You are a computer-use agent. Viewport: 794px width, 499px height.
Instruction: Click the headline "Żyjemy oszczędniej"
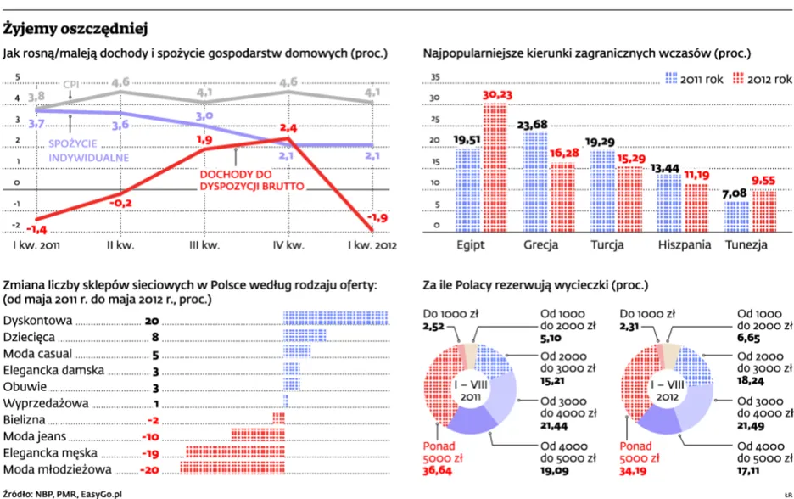[75, 29]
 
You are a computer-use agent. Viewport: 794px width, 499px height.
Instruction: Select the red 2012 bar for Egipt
[495, 168]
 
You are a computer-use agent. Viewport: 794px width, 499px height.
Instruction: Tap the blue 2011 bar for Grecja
[534, 182]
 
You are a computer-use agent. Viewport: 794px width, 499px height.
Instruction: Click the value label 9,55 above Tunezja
[763, 181]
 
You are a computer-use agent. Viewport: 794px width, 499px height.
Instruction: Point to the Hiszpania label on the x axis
[684, 245]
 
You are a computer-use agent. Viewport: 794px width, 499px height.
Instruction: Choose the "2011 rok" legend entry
[694, 79]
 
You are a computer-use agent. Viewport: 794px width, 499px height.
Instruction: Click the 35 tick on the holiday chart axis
[435, 77]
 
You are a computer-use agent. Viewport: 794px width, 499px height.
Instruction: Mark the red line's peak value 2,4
[288, 128]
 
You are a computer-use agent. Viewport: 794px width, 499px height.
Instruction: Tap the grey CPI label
[71, 85]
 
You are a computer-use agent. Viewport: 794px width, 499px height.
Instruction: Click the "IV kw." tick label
[288, 246]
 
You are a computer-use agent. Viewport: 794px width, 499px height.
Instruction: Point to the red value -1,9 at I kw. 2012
[377, 218]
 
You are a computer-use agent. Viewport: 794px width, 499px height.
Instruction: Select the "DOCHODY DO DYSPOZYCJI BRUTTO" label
[252, 181]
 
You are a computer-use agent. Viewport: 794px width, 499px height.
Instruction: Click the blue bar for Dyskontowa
[336, 318]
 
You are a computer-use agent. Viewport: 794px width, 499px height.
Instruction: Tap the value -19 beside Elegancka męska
[150, 453]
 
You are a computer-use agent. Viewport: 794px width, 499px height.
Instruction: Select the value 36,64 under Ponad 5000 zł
[437, 471]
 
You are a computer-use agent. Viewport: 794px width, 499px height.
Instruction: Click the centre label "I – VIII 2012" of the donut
[668, 390]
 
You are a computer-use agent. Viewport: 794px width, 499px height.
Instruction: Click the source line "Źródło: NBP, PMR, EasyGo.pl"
[62, 494]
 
